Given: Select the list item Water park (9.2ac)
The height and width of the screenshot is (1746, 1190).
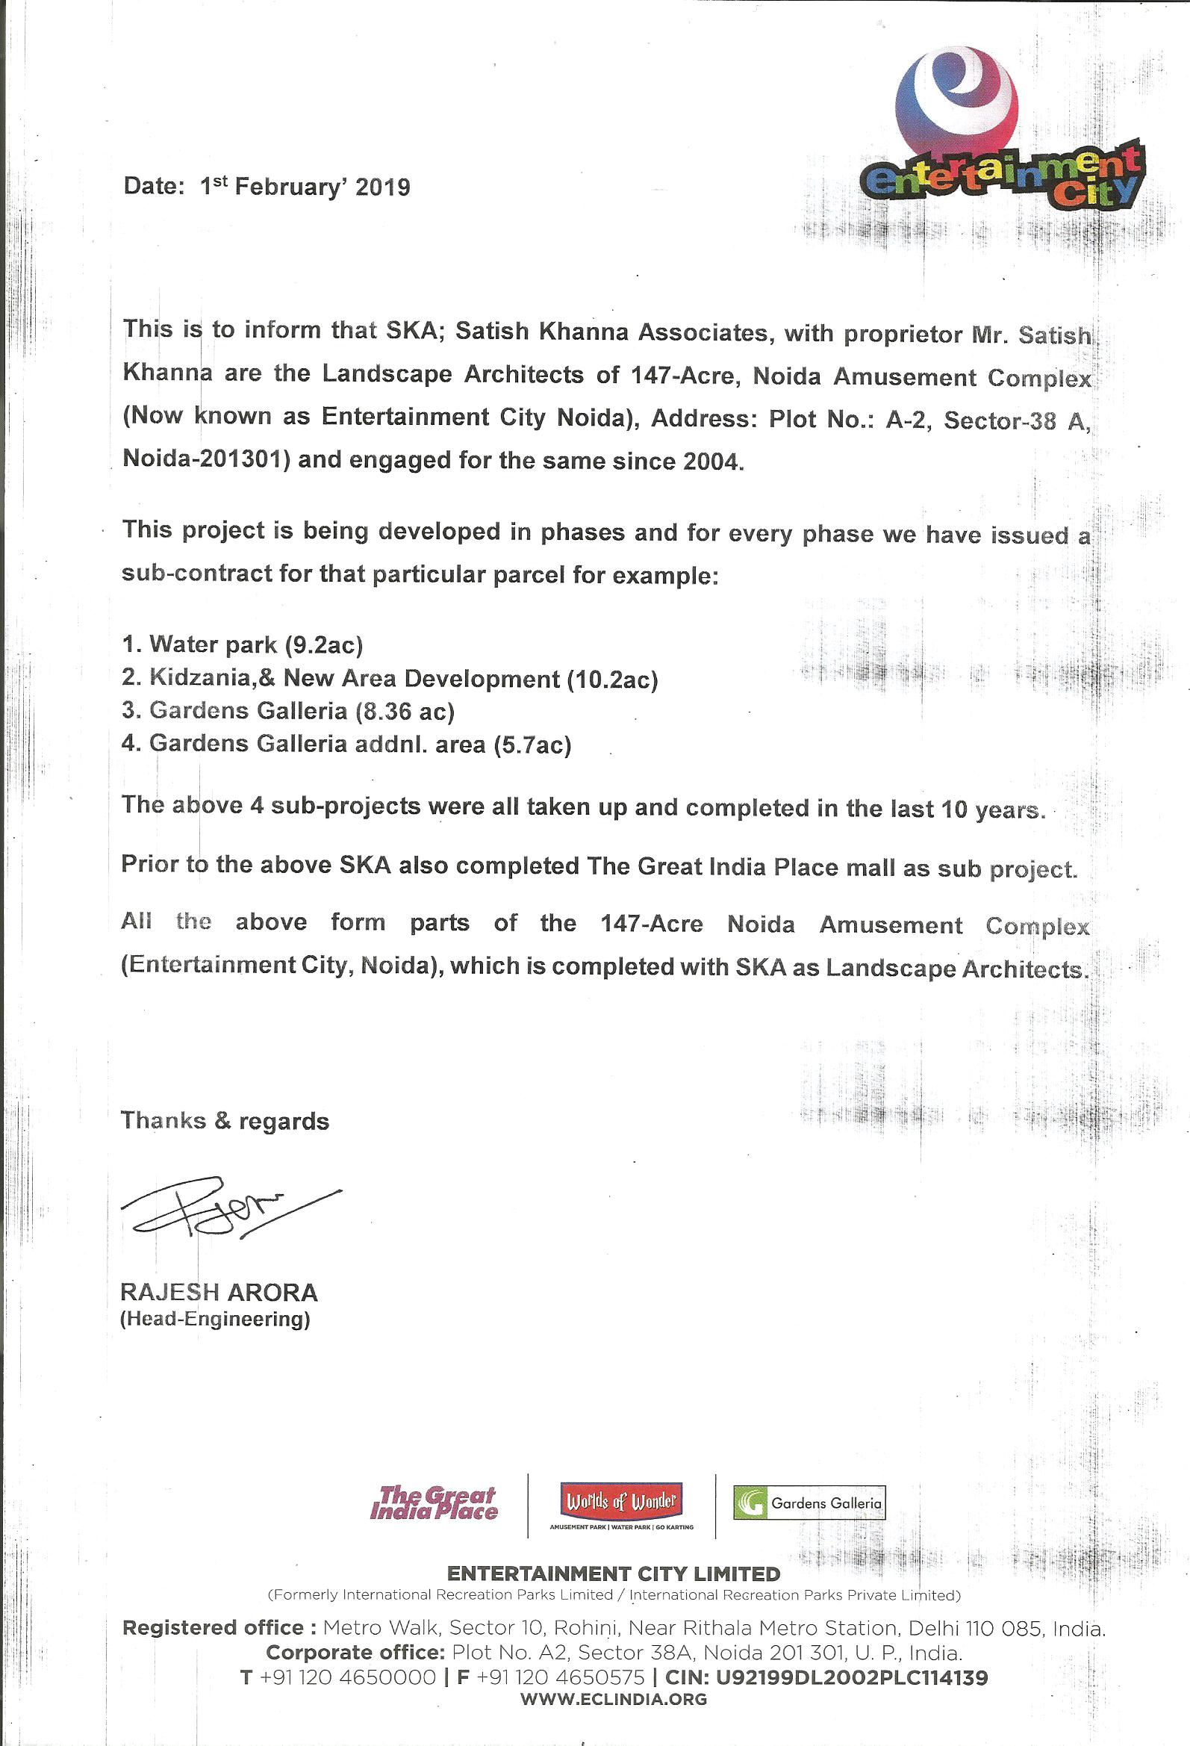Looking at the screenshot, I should [x=242, y=644].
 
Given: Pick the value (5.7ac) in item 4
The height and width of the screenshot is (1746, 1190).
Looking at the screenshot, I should [x=532, y=745].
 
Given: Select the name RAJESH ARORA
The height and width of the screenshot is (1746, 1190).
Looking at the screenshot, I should [x=219, y=1293].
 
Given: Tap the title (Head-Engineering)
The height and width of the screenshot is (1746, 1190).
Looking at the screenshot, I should [x=215, y=1320].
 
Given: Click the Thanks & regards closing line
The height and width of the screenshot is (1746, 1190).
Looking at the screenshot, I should [x=225, y=1121].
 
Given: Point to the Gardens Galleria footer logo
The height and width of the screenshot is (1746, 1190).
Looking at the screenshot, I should [x=809, y=1503].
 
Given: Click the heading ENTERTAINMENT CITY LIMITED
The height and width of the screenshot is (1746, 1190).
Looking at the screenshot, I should [x=613, y=1574].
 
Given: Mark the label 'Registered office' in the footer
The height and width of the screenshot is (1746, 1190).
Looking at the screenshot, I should [x=213, y=1628].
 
